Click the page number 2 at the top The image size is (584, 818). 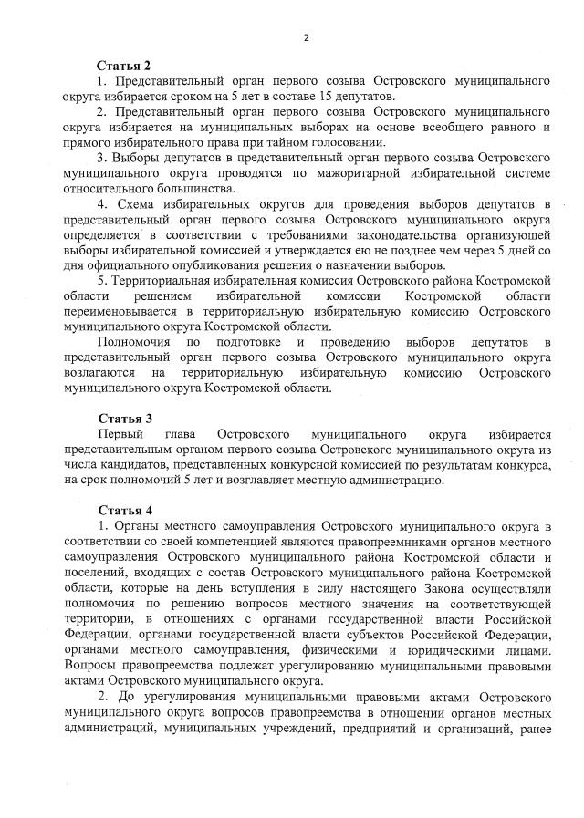click(307, 37)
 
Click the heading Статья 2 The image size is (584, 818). click(123, 66)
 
